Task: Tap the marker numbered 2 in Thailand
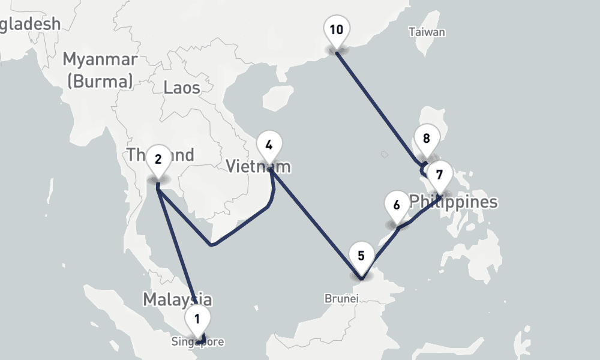point(158,160)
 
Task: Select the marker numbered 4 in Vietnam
point(269,146)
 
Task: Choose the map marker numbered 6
point(396,205)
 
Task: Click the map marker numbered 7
point(440,175)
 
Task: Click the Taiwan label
point(427,32)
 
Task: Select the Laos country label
point(182,88)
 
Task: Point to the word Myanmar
point(100,60)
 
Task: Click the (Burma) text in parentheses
point(100,81)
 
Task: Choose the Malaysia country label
point(177,299)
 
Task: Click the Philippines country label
point(454,202)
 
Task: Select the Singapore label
point(197,342)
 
